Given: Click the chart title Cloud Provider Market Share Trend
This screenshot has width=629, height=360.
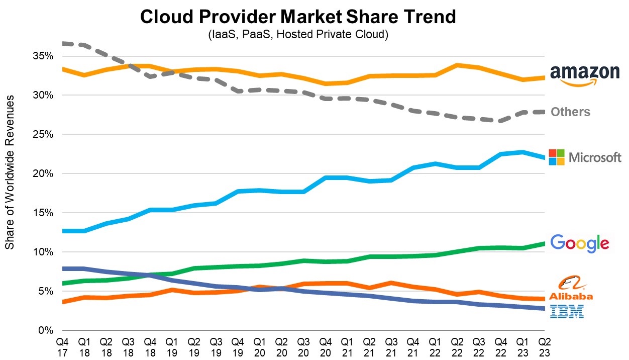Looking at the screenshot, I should (298, 17).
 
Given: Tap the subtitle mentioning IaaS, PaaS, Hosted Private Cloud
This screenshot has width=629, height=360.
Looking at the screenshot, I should (298, 35).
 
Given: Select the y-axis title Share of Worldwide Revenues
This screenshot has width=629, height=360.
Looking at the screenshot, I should (10, 171).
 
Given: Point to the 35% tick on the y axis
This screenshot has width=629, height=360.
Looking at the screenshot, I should (43, 56).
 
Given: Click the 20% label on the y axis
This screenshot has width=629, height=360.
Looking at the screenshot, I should (43, 173).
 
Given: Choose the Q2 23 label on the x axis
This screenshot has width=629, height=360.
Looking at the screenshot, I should (544, 347).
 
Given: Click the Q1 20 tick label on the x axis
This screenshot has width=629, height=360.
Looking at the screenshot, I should (260, 347).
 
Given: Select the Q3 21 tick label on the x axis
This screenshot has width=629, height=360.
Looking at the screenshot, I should (391, 347).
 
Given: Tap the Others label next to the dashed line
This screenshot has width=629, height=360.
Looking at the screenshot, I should (570, 112).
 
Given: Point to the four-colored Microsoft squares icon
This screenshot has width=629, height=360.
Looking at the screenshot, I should (557, 157).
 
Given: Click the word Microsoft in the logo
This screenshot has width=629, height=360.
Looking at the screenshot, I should (595, 158).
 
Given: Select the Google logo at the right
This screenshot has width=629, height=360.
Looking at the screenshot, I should (580, 243).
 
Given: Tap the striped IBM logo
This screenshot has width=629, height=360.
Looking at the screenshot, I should (567, 312).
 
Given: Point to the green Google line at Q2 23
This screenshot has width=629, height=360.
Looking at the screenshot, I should (544, 244).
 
